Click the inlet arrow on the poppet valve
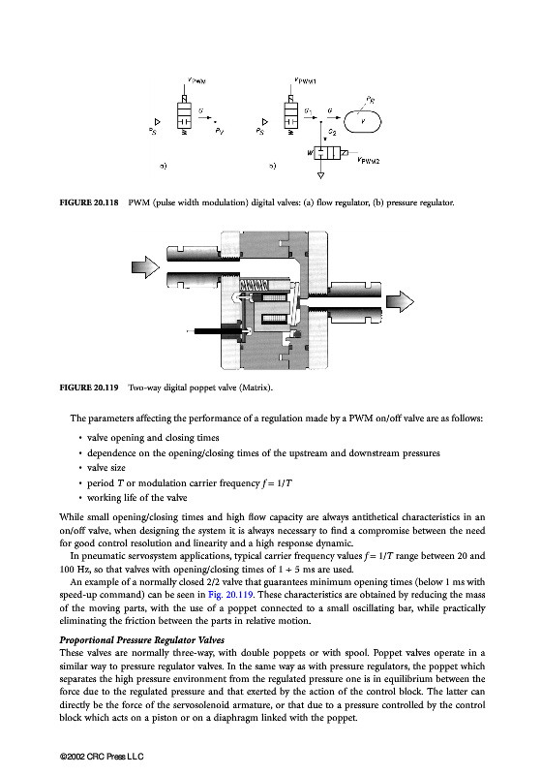point(145,267)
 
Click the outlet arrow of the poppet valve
point(400,301)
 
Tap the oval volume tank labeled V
point(362,122)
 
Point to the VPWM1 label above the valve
point(305,80)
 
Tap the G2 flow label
point(332,133)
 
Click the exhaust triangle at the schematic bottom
point(321,175)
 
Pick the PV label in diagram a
point(219,132)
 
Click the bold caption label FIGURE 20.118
point(89,202)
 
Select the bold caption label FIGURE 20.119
point(89,387)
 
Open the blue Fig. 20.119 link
point(230,595)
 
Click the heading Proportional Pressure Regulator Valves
point(142,640)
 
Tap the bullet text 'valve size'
point(106,468)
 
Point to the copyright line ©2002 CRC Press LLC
point(102,757)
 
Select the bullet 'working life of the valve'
point(136,498)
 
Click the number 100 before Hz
point(67,569)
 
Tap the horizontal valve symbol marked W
point(327,153)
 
